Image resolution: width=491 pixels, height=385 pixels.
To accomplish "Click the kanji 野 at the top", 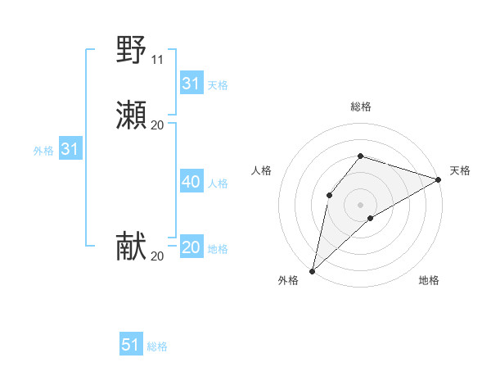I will (131, 50).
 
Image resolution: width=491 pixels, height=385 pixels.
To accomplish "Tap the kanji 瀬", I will (131, 116).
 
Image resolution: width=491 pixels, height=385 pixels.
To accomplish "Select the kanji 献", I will (131, 247).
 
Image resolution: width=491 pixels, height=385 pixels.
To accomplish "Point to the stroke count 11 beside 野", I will (157, 59).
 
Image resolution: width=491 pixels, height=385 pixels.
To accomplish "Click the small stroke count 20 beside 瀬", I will (157, 125).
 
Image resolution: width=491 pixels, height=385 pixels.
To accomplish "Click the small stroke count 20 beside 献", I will (157, 256).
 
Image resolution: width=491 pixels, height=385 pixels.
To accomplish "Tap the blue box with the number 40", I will (191, 182).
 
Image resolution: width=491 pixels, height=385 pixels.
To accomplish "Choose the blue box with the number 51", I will (131, 345).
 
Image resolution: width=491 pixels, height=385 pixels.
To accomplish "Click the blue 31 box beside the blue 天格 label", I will (191, 84).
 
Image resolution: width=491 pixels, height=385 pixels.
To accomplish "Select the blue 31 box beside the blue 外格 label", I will (70, 149).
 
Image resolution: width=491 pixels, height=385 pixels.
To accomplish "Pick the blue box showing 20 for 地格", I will (191, 247).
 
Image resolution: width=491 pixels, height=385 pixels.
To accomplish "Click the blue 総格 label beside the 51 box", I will (157, 346).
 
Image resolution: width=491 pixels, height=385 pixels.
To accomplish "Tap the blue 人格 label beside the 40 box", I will (218, 183).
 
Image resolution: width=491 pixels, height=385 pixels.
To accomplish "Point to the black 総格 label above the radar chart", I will (361, 106).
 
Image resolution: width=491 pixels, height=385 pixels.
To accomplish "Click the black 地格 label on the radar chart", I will (429, 280).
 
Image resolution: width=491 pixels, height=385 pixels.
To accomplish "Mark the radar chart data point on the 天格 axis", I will (439, 179).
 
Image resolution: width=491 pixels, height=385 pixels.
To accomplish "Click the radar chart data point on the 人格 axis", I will (329, 194).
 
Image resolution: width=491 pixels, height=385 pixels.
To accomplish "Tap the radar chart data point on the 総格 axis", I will (361, 156).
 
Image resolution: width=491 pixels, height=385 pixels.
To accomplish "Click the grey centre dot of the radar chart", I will (361, 204).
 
